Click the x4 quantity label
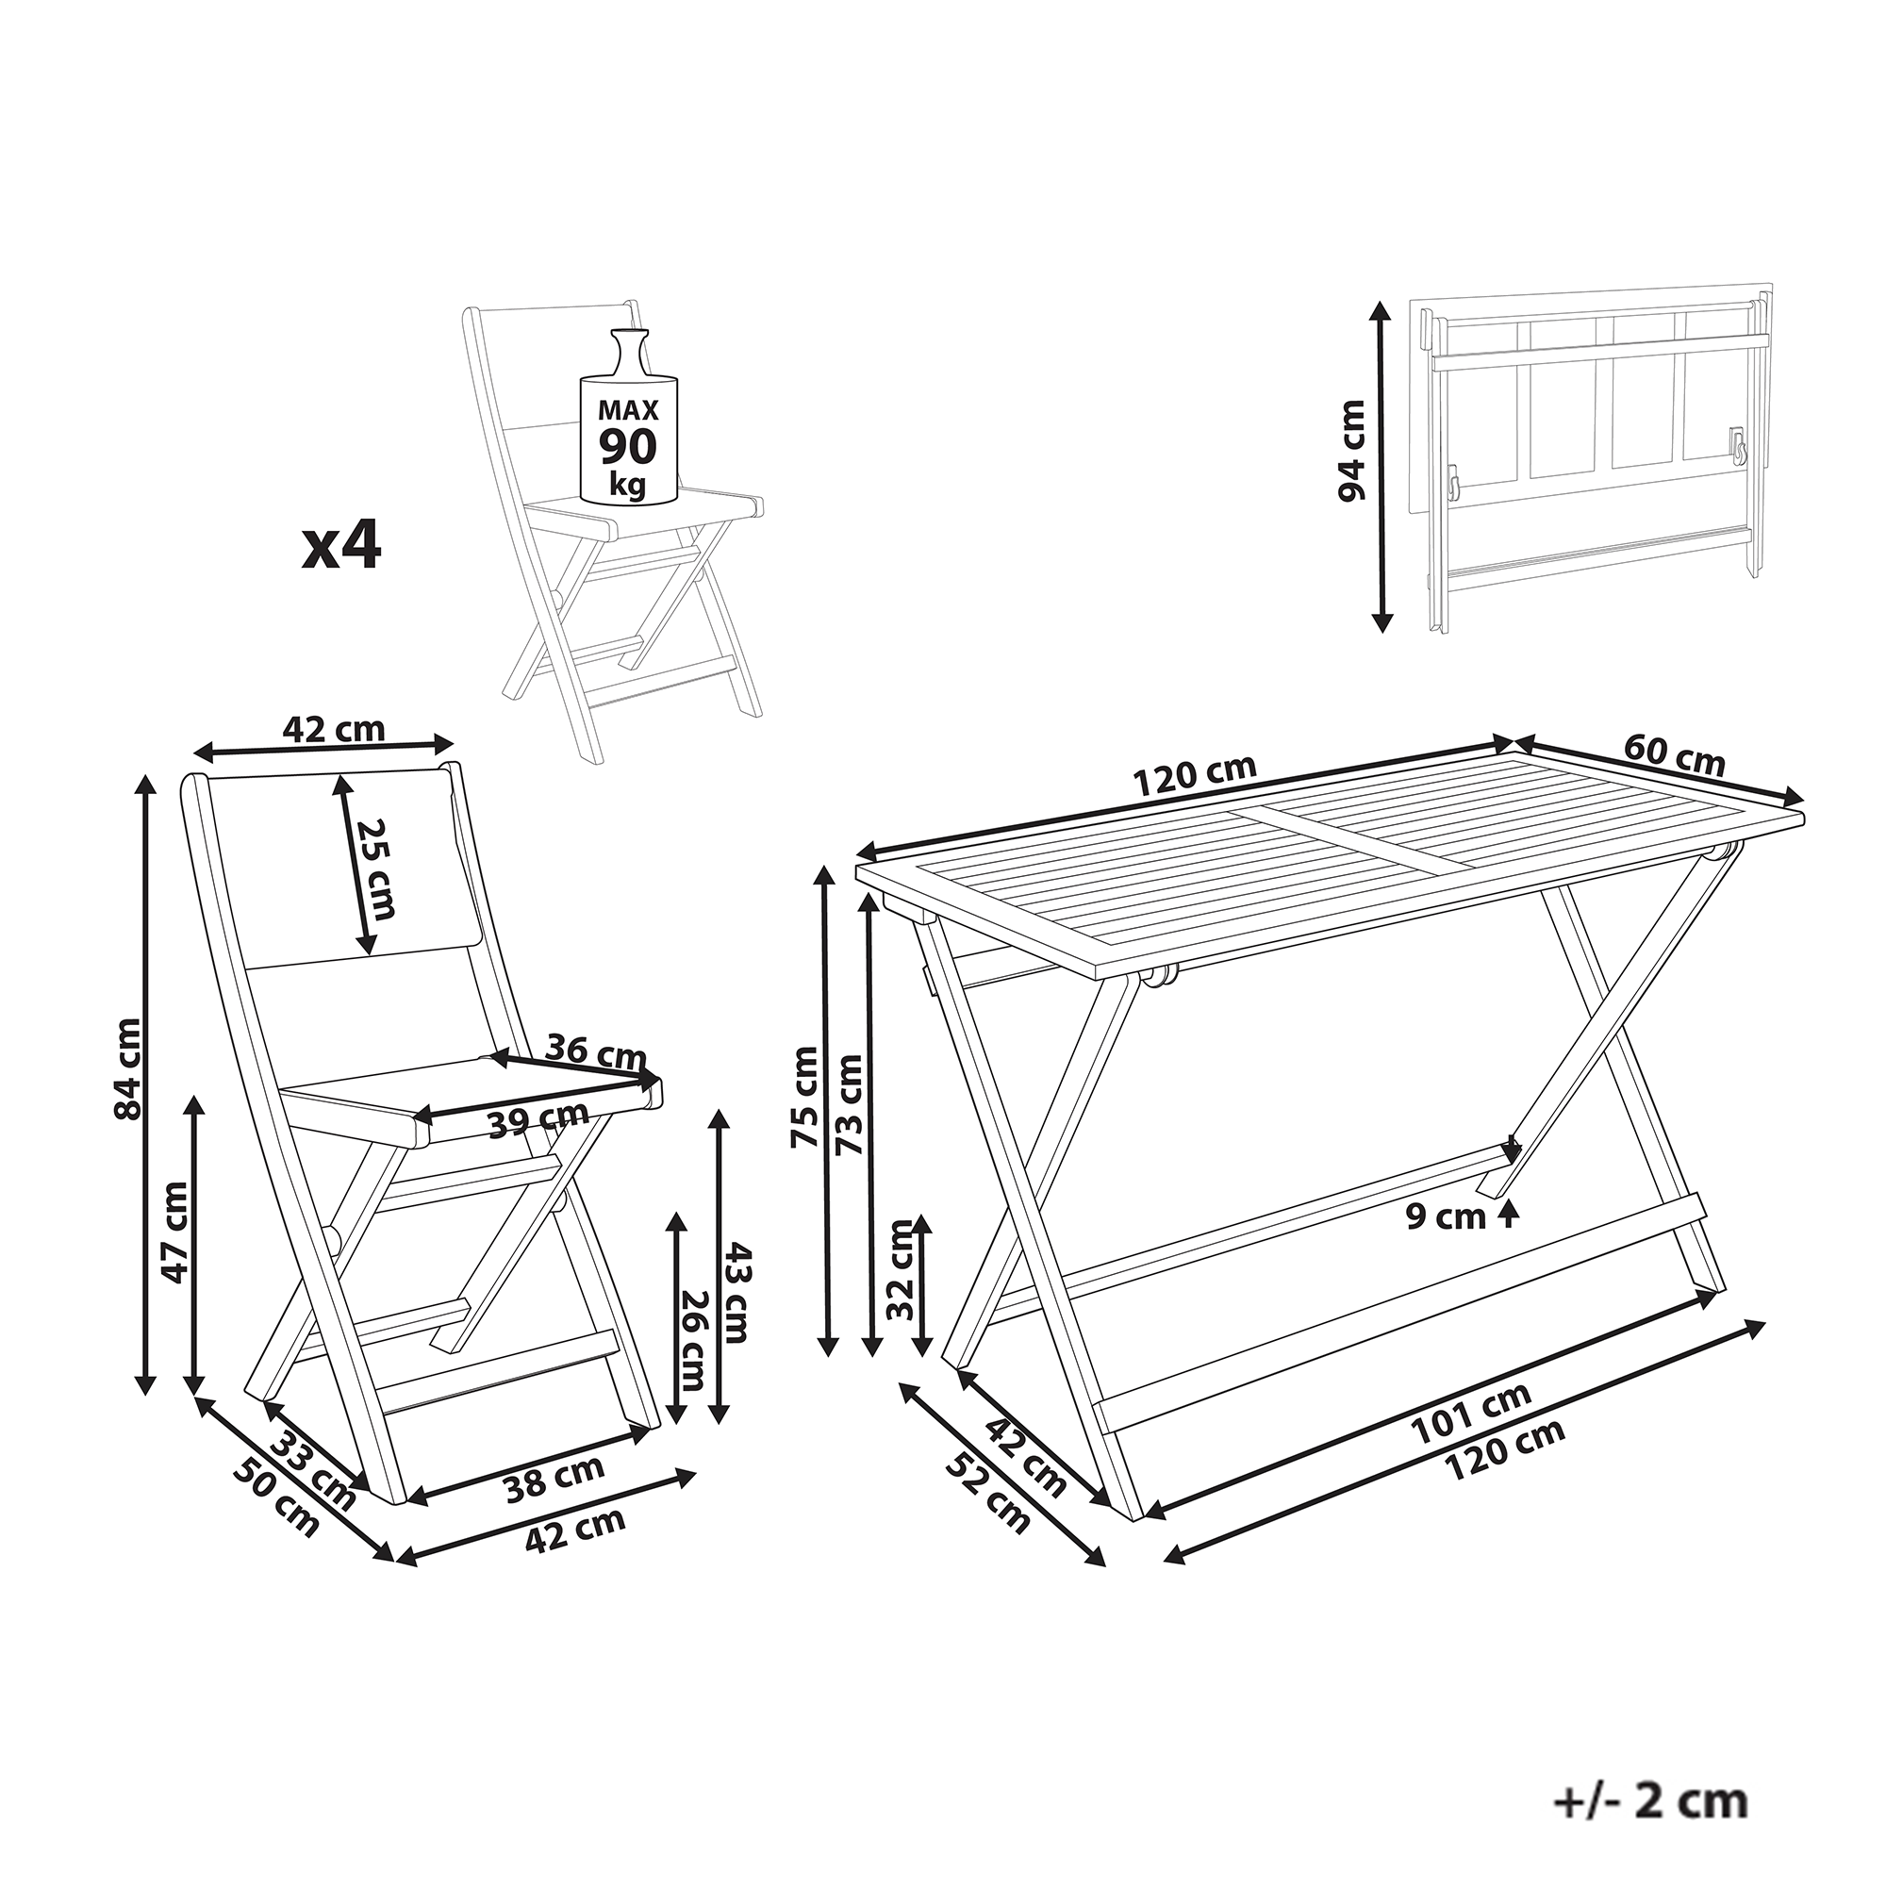340,547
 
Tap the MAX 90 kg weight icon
628,418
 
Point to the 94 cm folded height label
1351,450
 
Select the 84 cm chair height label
128,1069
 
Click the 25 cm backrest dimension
376,868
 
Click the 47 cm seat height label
174,1232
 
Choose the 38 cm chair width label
554,1479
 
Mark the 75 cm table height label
807,1098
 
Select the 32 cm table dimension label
903,1269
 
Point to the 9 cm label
1446,1216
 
